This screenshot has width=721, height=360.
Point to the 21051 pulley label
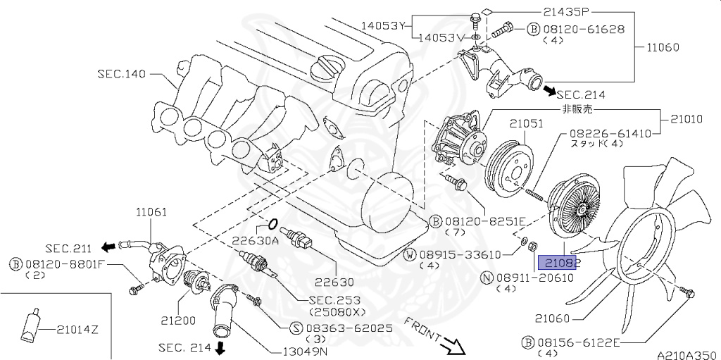tap(527, 124)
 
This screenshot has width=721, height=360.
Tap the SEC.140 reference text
tap(123, 73)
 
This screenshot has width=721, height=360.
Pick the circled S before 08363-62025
tap(295, 328)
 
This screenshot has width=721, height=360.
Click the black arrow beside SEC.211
tap(108, 247)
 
